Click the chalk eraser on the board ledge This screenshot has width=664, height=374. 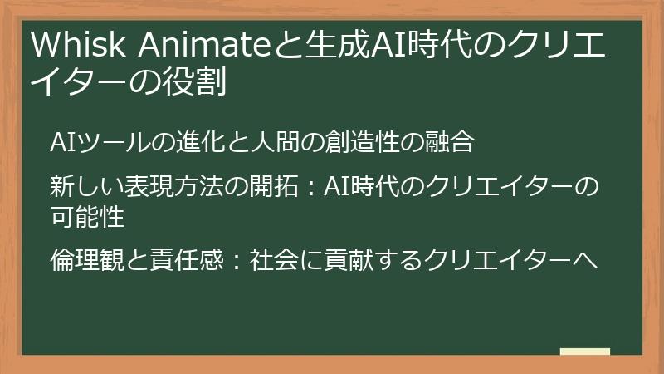point(584,352)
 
